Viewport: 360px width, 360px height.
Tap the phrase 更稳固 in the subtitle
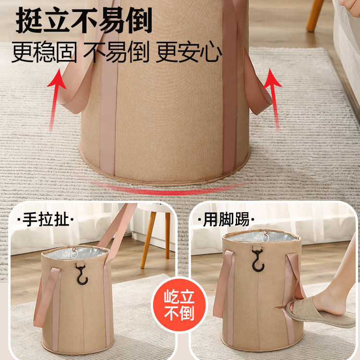click(44, 52)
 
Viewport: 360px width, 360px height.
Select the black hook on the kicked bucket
click(258, 259)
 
